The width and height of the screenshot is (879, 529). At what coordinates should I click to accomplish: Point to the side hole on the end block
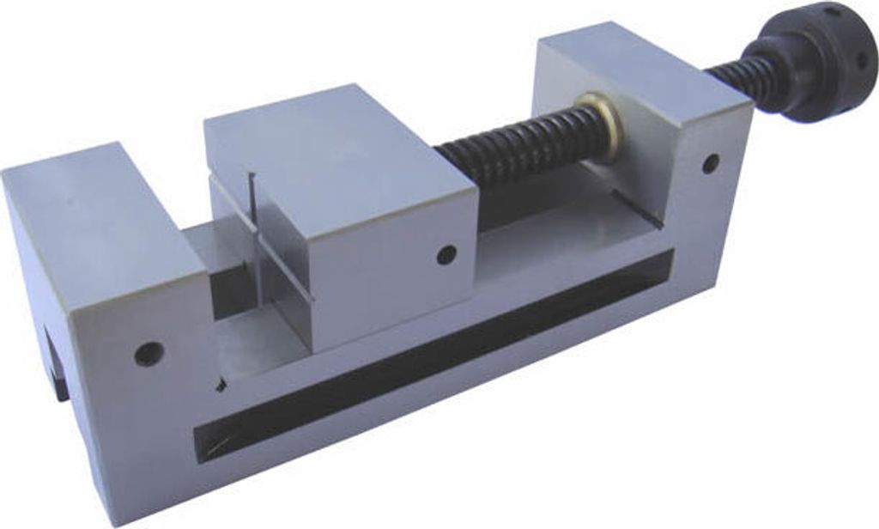coord(710,162)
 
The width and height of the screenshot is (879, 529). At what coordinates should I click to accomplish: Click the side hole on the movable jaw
coord(446,254)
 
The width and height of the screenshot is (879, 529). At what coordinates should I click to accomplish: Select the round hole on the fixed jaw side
coord(149,352)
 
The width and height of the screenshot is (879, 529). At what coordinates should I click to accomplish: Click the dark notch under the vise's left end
coord(57,369)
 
